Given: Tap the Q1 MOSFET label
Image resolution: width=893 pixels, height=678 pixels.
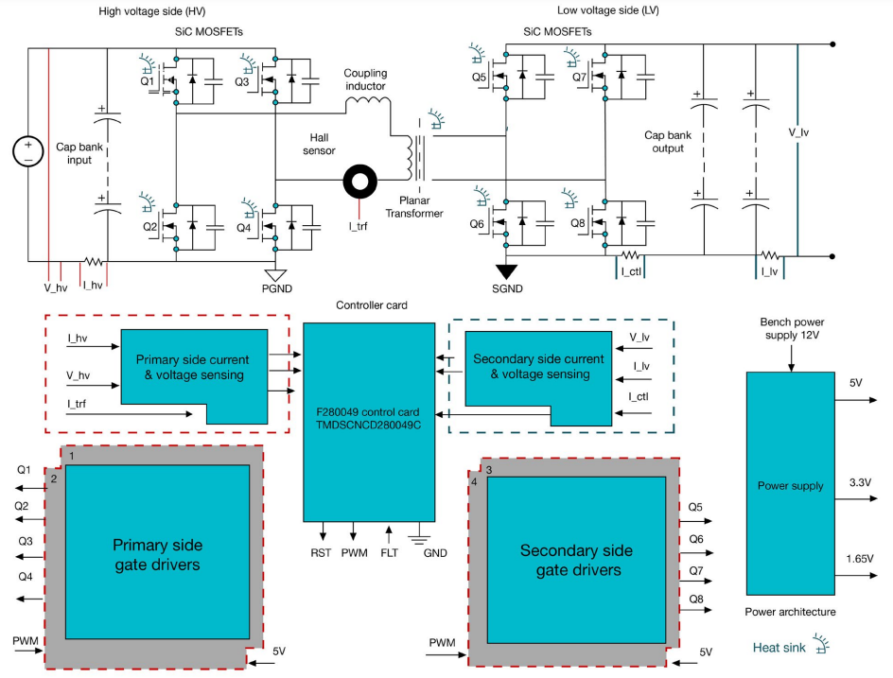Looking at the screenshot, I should click(148, 81).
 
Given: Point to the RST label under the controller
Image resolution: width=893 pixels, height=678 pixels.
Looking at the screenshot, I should click(321, 553).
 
